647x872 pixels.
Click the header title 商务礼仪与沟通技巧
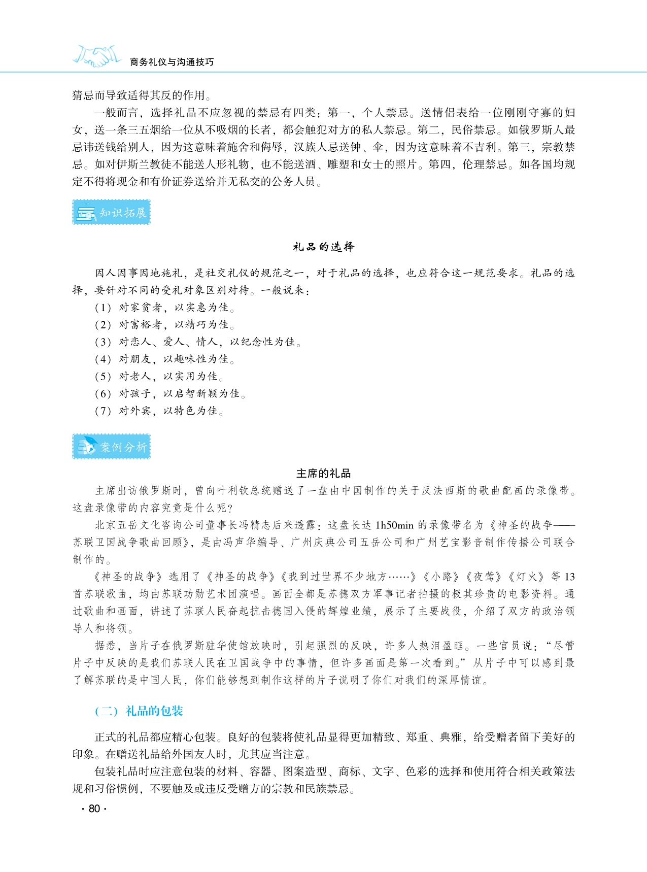tap(172, 62)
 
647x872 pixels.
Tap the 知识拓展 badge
tap(111, 213)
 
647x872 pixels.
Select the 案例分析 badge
tap(111, 447)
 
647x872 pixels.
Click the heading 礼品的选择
tap(323, 247)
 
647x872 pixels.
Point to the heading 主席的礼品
tap(323, 474)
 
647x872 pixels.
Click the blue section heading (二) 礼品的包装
tap(139, 711)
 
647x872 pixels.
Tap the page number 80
tap(94, 809)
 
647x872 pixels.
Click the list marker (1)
tap(103, 308)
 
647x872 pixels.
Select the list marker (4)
tap(103, 359)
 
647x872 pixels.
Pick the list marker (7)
tap(103, 411)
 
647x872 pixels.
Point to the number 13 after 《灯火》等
tap(569, 577)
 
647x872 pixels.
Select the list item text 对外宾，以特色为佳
tap(171, 411)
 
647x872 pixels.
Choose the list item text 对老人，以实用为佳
tap(171, 377)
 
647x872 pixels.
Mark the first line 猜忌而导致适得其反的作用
tap(142, 95)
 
